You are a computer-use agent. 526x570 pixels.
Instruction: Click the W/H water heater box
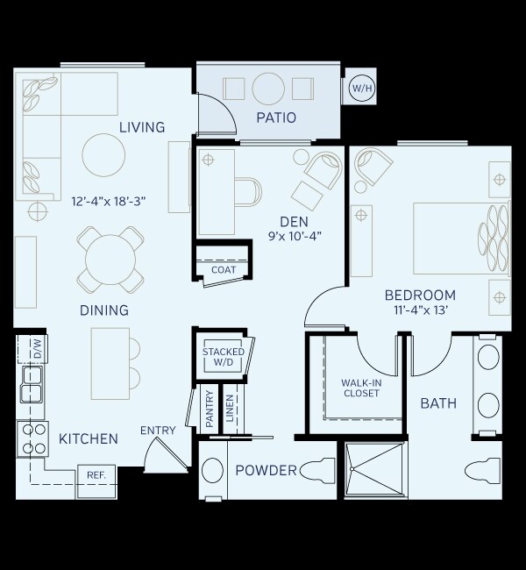[359, 88]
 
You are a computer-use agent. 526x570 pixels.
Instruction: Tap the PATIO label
[275, 118]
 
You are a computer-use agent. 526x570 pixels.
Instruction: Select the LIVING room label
[142, 128]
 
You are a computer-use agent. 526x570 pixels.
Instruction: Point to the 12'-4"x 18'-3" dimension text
[108, 201]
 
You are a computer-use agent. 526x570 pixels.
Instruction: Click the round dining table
[110, 259]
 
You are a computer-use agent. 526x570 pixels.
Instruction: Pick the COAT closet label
[224, 270]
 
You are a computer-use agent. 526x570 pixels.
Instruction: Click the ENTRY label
[158, 431]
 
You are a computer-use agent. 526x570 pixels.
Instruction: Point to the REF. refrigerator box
[96, 474]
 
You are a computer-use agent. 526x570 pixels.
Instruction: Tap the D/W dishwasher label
[37, 348]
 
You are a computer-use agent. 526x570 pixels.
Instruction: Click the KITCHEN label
[88, 438]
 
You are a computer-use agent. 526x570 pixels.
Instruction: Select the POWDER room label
[266, 471]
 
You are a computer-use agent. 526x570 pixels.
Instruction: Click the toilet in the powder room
[320, 471]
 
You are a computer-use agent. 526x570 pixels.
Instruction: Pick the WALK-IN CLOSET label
[360, 388]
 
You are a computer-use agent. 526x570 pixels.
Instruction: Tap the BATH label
[437, 403]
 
